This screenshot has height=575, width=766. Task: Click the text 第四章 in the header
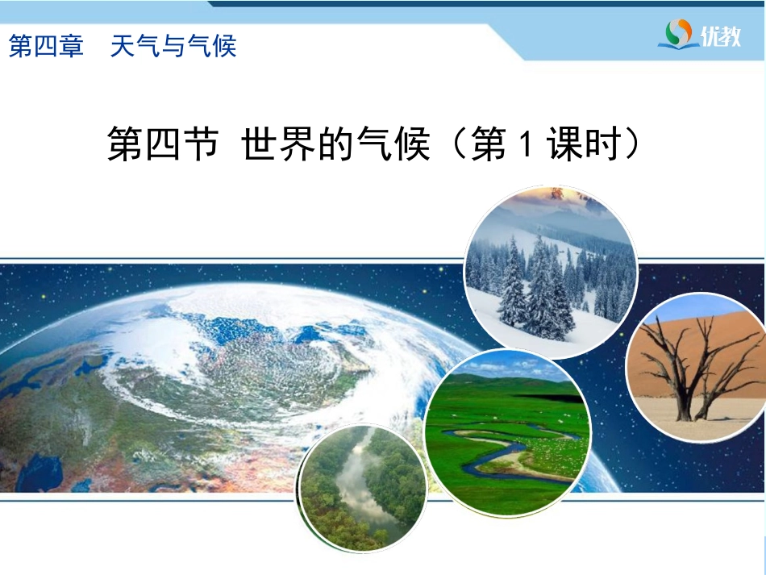coord(47,47)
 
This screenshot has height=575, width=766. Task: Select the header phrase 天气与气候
coord(173,47)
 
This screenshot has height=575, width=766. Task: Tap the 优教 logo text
coord(720,35)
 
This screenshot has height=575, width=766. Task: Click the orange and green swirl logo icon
coord(679,32)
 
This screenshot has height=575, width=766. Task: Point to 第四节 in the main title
coord(163,144)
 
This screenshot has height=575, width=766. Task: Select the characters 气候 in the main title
coord(393,144)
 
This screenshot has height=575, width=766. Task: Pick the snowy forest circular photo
coord(551,271)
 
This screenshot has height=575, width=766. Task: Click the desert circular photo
coord(696,366)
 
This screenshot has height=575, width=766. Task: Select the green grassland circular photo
coord(507,432)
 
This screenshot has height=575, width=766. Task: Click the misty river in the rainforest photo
coord(359,489)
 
